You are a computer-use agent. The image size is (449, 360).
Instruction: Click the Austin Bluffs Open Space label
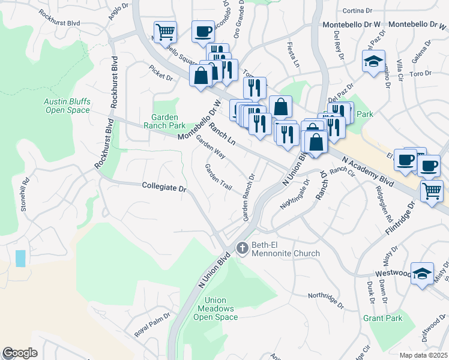(x=67, y=106)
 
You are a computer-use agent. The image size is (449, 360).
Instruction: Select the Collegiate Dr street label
(x=164, y=187)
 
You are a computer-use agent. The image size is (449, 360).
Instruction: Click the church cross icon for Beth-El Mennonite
(x=242, y=247)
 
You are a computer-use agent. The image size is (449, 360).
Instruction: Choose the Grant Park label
(x=383, y=318)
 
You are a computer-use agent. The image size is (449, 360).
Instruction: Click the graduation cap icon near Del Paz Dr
(x=373, y=61)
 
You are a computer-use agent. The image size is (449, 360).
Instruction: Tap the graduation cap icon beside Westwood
(x=422, y=274)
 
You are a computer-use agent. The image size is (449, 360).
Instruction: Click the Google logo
(x=20, y=353)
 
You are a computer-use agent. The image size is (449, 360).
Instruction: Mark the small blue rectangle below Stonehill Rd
(x=21, y=259)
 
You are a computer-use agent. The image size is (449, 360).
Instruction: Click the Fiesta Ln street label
(x=293, y=55)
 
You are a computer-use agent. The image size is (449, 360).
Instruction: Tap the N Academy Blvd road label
(x=367, y=172)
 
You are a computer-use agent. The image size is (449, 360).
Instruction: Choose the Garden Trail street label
(x=218, y=178)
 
